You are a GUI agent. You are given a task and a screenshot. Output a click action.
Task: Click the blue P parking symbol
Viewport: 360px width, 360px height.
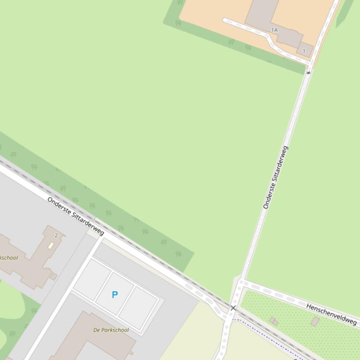(115, 295)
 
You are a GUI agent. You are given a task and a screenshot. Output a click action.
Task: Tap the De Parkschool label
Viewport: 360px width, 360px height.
(111, 330)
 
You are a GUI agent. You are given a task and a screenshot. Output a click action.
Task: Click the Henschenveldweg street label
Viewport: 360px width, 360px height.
(332, 314)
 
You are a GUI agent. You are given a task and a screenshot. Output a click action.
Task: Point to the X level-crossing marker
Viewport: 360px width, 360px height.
(233, 308)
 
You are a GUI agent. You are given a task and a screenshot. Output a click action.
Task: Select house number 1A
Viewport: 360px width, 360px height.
(274, 30)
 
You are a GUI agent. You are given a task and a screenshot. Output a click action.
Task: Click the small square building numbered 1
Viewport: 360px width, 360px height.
(305, 50)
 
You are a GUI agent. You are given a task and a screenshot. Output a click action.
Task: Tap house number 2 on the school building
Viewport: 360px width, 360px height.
(56, 235)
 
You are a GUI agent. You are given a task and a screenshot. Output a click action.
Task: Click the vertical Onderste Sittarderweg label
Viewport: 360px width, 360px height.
(276, 178)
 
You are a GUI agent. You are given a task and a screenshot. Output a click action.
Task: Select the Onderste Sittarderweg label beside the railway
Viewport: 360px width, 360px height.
(75, 216)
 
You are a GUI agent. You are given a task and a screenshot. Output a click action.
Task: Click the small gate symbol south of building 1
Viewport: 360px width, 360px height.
(309, 72)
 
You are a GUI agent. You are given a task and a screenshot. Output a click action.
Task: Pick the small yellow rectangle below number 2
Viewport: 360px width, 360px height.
(51, 245)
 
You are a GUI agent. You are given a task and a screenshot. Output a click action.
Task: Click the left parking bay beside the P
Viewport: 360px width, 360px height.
(92, 280)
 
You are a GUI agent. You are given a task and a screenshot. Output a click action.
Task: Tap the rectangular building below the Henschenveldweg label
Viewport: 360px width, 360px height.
(316, 321)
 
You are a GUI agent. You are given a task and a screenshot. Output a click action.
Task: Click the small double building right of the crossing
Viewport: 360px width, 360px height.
(274, 321)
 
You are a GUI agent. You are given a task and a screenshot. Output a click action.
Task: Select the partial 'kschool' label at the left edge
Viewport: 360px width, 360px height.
(8, 258)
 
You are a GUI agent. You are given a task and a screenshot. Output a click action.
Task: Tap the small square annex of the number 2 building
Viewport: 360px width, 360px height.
(53, 277)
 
